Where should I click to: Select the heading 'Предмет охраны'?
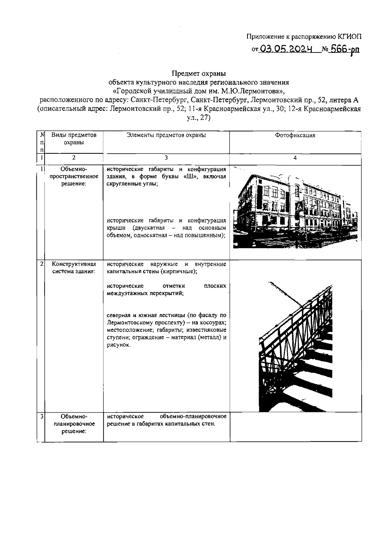(199, 74)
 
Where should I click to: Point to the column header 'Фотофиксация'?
(295, 135)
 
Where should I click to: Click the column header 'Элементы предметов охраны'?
(166, 135)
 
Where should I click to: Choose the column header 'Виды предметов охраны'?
(74, 139)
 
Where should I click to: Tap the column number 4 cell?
(295, 158)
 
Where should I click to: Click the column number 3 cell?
(166, 158)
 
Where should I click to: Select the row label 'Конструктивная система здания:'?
(74, 267)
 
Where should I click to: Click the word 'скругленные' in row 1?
(123, 184)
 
